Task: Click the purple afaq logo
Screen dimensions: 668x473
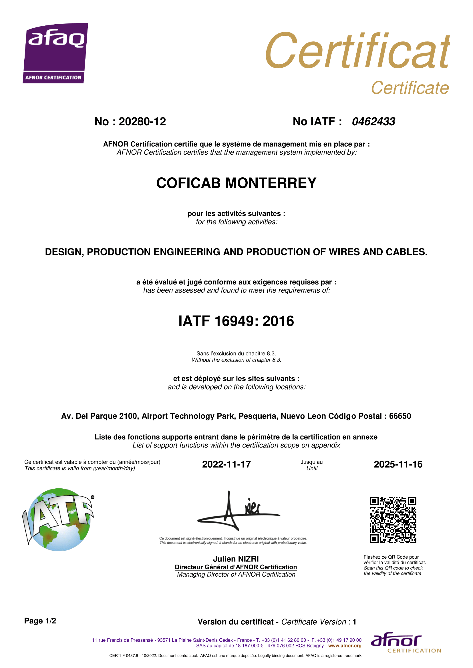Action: pyautogui.click(x=55, y=53)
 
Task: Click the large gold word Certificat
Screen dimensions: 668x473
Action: pyautogui.click(x=357, y=51)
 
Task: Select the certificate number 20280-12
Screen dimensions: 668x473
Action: pyautogui.click(x=142, y=122)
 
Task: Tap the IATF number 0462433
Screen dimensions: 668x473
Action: pyautogui.click(x=373, y=122)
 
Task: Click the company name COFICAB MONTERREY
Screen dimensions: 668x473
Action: pyautogui.click(x=236, y=183)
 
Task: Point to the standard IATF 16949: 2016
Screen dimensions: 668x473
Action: pyautogui.click(x=236, y=321)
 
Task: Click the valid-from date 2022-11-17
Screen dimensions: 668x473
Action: pyautogui.click(x=226, y=464)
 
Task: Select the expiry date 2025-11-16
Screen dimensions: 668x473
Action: pyautogui.click(x=398, y=464)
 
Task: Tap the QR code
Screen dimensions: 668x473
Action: pyautogui.click(x=393, y=519)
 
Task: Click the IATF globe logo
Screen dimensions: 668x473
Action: pyautogui.click(x=58, y=519)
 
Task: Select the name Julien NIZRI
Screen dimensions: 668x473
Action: pyautogui.click(x=236, y=559)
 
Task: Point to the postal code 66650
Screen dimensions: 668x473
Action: pyautogui.click(x=400, y=416)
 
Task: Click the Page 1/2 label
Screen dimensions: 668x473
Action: pyautogui.click(x=40, y=621)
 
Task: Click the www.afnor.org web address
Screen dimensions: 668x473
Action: pyautogui.click(x=345, y=646)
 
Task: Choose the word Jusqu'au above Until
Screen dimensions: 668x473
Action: pyautogui.click(x=312, y=462)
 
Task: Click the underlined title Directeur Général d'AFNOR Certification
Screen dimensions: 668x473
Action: pyautogui.click(x=236, y=567)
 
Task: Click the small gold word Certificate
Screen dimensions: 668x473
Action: pyautogui.click(x=410, y=88)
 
